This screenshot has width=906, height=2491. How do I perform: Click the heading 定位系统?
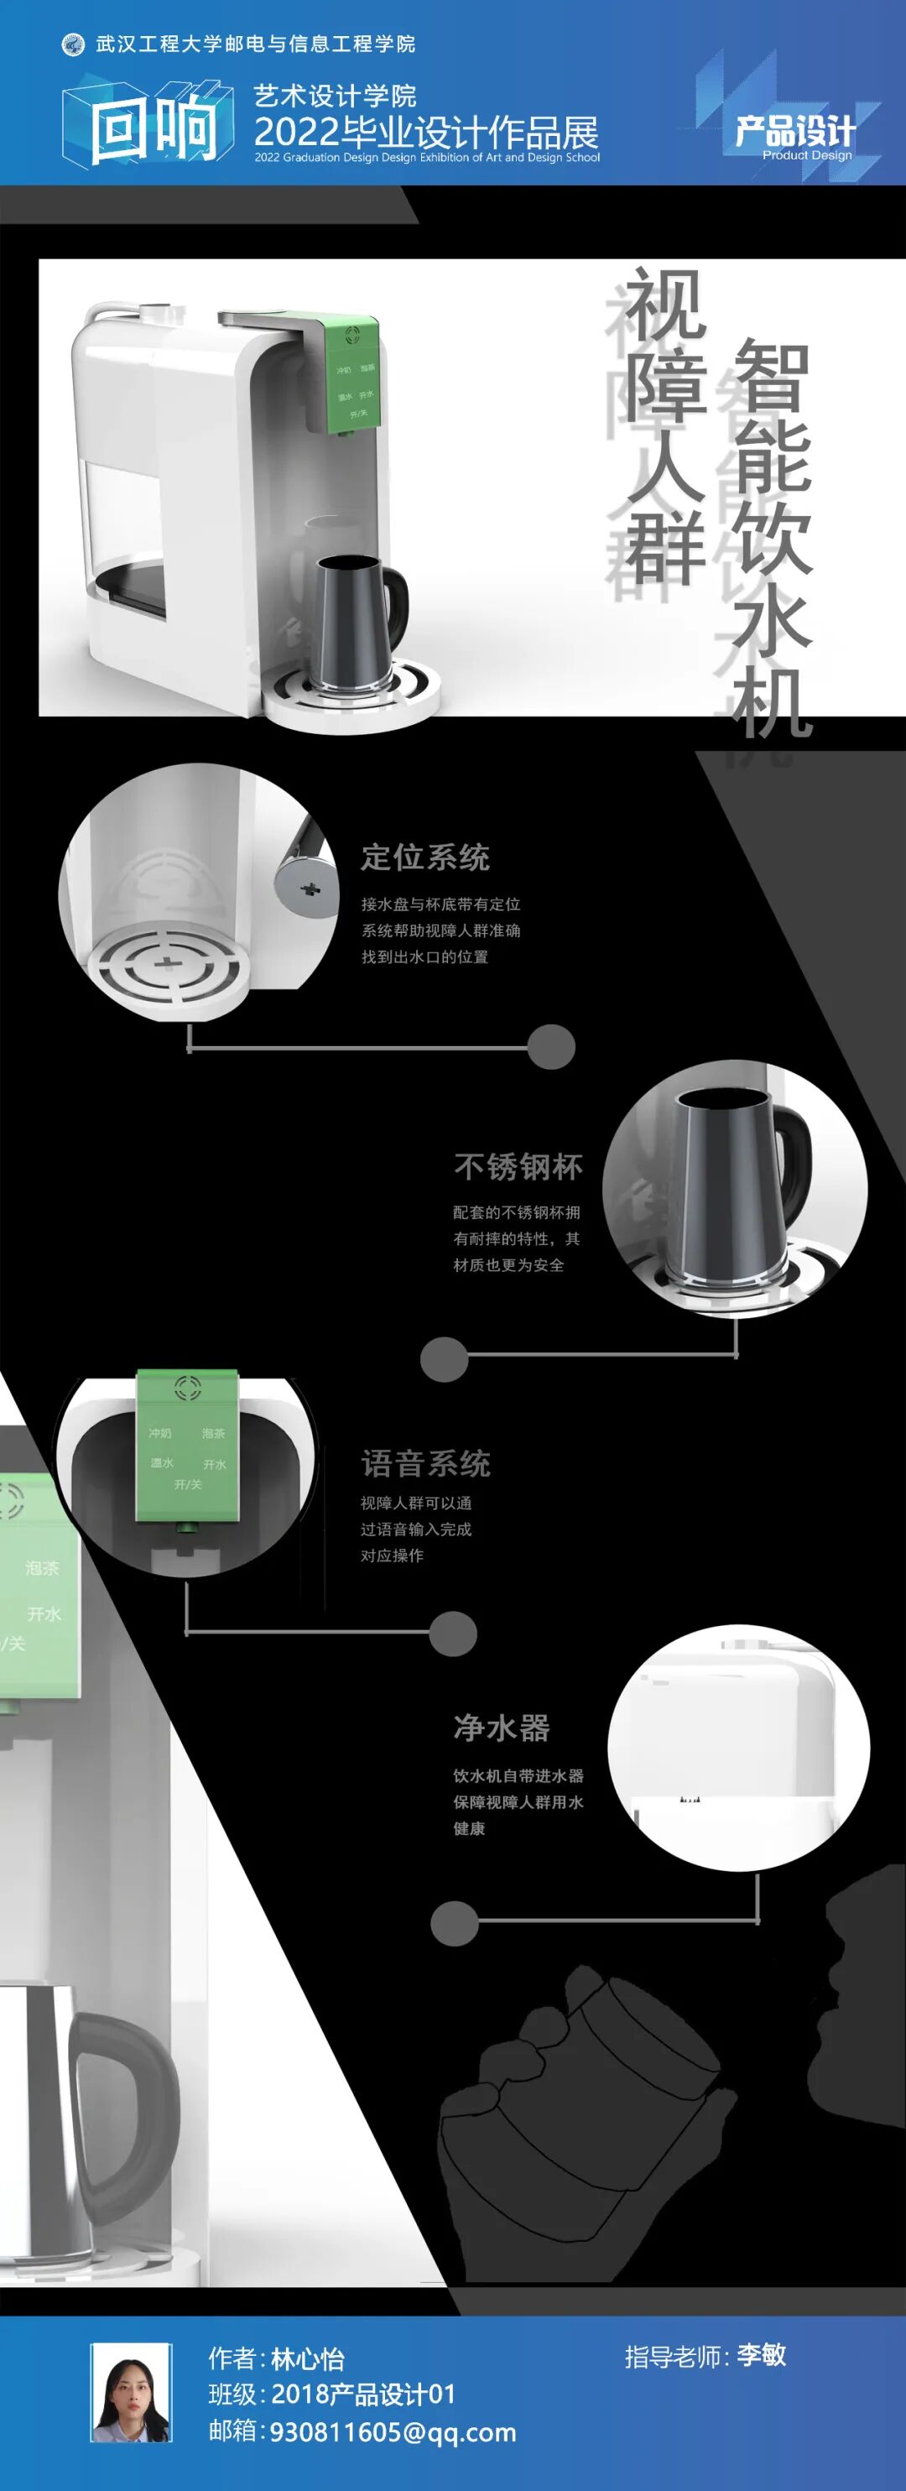click(x=425, y=857)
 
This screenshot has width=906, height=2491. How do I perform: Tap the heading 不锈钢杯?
click(x=518, y=1167)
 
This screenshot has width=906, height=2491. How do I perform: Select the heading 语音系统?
click(x=425, y=1464)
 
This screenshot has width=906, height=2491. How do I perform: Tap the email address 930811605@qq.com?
click(x=393, y=2432)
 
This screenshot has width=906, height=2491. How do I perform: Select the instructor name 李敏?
click(x=761, y=2354)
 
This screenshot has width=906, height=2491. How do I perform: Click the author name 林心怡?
click(x=308, y=2358)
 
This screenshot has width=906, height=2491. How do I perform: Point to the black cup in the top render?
click(x=354, y=619)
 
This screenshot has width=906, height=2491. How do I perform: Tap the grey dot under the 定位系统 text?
click(x=551, y=1046)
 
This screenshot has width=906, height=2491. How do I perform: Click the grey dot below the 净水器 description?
click(x=455, y=1921)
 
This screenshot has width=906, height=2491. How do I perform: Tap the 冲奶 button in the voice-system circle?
click(x=159, y=1433)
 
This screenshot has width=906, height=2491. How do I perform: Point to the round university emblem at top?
click(x=72, y=44)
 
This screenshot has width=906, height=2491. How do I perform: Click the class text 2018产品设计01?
click(x=362, y=2395)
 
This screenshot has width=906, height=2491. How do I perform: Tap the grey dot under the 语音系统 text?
click(x=452, y=1634)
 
